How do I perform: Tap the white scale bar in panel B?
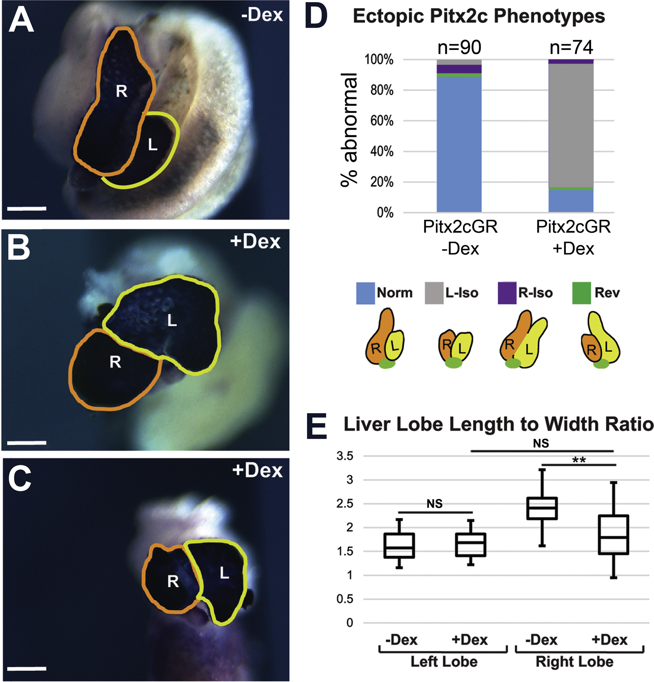pyautogui.click(x=26, y=443)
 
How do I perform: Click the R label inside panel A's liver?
pyautogui.click(x=121, y=91)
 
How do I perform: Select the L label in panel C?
pyautogui.click(x=224, y=572)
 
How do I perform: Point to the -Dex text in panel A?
pyautogui.click(x=262, y=16)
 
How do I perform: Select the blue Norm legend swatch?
pyautogui.click(x=365, y=293)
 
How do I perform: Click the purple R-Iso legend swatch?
pyautogui.click(x=507, y=293)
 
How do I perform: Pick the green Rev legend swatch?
pyautogui.click(x=581, y=293)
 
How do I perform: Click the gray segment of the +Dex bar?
pyautogui.click(x=571, y=125)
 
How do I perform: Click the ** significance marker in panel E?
pyautogui.click(x=579, y=460)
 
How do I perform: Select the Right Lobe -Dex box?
pyautogui.click(x=542, y=508)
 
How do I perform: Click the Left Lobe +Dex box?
pyautogui.click(x=471, y=544)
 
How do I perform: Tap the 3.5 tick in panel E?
pyautogui.click(x=345, y=456)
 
